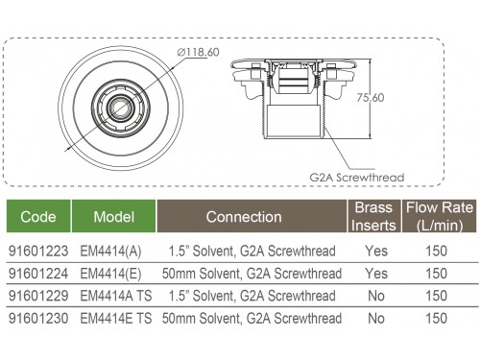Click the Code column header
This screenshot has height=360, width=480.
(38, 217)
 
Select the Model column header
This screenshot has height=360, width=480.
(113, 217)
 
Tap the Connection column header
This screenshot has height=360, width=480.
(244, 217)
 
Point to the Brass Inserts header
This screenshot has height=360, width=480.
(373, 216)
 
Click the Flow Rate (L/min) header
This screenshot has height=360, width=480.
(440, 216)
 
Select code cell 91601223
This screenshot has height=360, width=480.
(38, 251)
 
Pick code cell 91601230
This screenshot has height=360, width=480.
(38, 319)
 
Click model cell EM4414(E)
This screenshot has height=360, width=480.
(110, 274)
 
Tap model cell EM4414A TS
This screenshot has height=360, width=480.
(116, 296)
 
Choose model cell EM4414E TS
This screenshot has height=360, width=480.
(116, 319)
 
